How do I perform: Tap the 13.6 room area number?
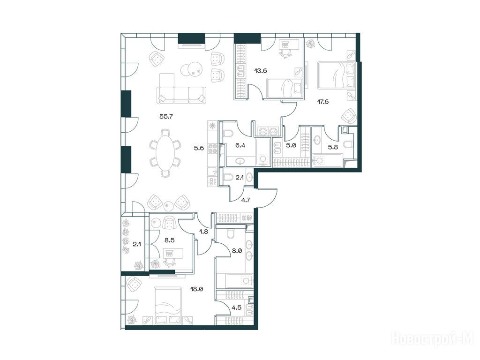pyautogui.click(x=261, y=71)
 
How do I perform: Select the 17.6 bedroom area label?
pyautogui.click(x=322, y=102)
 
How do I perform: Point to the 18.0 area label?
pyautogui.click(x=197, y=289)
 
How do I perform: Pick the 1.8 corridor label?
pyautogui.click(x=203, y=232)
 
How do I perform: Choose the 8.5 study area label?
pyautogui.click(x=169, y=240)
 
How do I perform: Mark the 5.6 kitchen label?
pyautogui.click(x=199, y=148)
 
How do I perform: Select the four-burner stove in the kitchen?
pyautogui.click(x=212, y=149)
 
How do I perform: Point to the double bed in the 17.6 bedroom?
pyautogui.click(x=337, y=75)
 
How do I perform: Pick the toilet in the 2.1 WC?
pyautogui.click(x=227, y=177)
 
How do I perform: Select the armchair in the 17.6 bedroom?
pyautogui.click(x=349, y=116)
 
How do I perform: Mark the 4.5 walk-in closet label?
pyautogui.click(x=237, y=307)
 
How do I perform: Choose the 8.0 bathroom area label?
pyautogui.click(x=237, y=251)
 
